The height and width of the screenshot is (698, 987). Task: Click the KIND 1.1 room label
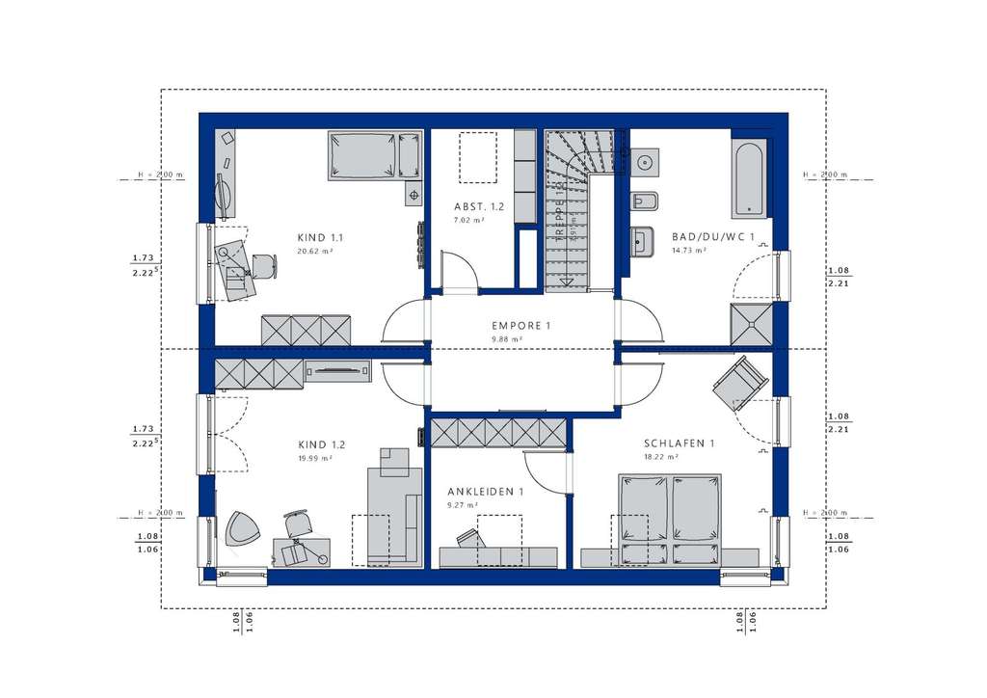(x=322, y=236)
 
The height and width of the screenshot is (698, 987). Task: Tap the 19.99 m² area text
(x=315, y=459)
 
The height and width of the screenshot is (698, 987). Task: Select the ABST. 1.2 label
(x=479, y=206)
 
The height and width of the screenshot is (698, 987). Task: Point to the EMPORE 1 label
(x=520, y=326)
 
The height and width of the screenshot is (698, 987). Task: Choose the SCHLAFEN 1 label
(x=680, y=443)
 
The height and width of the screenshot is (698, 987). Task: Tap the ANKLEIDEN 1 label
(x=486, y=492)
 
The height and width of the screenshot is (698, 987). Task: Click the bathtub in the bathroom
(x=750, y=178)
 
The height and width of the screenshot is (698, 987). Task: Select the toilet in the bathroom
(x=645, y=202)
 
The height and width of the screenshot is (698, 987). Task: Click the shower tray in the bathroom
(x=751, y=325)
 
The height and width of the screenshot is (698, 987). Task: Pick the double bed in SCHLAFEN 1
(x=669, y=520)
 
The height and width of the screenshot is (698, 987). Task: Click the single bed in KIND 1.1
(x=375, y=156)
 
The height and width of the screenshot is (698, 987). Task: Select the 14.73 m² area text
(x=687, y=251)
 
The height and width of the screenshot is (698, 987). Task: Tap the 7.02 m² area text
(x=468, y=221)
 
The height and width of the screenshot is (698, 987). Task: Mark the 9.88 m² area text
(x=507, y=340)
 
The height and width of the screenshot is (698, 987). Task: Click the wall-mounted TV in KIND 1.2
(x=338, y=369)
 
